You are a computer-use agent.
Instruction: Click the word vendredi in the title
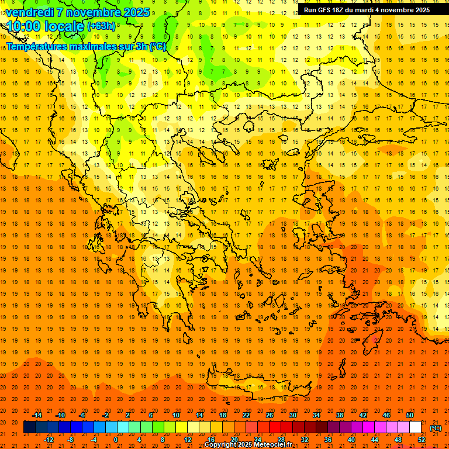30,12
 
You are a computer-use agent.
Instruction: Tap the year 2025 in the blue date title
136,12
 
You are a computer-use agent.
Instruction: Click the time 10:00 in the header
24,26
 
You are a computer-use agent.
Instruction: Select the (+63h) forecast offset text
102,26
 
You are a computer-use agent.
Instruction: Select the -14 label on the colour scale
37,415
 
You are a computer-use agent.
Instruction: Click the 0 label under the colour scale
116,440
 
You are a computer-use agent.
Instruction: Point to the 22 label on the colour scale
246,415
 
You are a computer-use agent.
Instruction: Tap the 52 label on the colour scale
422,440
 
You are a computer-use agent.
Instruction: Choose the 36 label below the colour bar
328,440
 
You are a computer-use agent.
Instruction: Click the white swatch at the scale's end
416,427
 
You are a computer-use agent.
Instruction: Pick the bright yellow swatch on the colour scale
181,427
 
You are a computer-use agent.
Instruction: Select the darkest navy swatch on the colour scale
29,427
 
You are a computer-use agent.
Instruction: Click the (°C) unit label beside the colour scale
436,427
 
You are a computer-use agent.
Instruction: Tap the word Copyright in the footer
222,445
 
